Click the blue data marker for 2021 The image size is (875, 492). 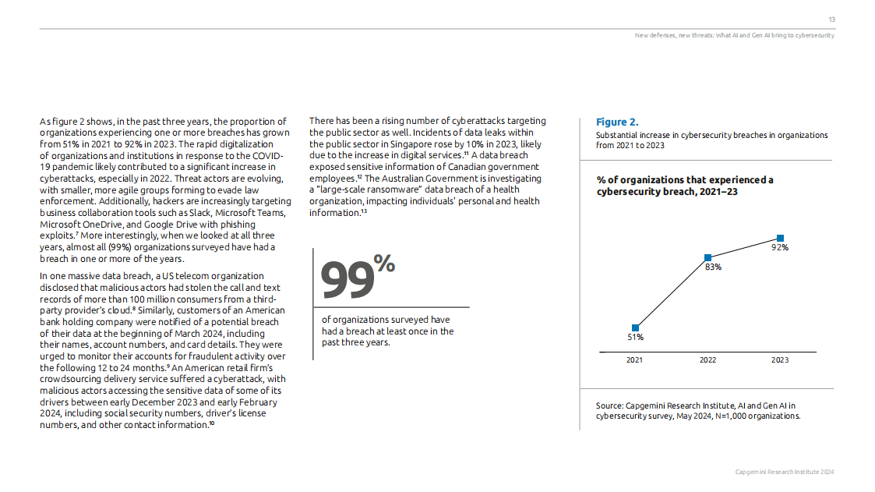pyautogui.click(x=636, y=327)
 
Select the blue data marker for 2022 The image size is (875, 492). pyautogui.click(x=707, y=257)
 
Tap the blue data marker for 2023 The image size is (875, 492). pyautogui.click(x=780, y=238)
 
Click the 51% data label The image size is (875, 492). pyautogui.click(x=636, y=338)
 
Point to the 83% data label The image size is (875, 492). pyautogui.click(x=713, y=267)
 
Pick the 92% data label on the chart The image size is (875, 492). pyautogui.click(x=780, y=248)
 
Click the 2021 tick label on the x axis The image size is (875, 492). pyautogui.click(x=636, y=360)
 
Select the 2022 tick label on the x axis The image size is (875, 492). pyautogui.click(x=707, y=360)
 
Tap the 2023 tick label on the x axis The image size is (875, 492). pyautogui.click(x=780, y=360)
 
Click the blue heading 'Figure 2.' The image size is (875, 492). pyautogui.click(x=617, y=122)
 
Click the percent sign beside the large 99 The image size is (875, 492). pyautogui.click(x=384, y=263)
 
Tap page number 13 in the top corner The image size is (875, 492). pyautogui.click(x=831, y=19)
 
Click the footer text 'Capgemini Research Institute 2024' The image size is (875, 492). pyautogui.click(x=785, y=473)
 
